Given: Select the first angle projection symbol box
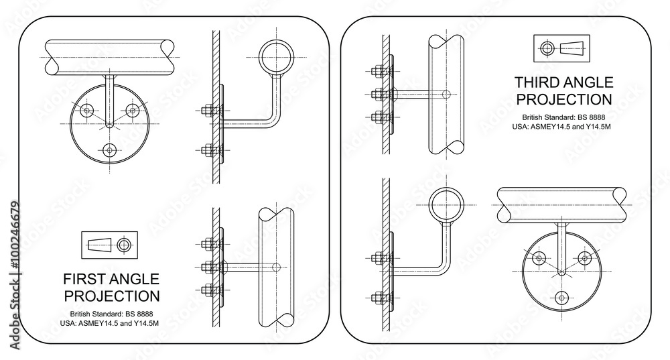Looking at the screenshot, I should coord(109,245).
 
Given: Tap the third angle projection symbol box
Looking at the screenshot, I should coord(562,48).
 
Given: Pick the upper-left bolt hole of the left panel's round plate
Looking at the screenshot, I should coord(86,112).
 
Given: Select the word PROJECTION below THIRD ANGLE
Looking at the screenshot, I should coord(563,100).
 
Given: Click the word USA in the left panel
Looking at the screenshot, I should coord(68,324).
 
